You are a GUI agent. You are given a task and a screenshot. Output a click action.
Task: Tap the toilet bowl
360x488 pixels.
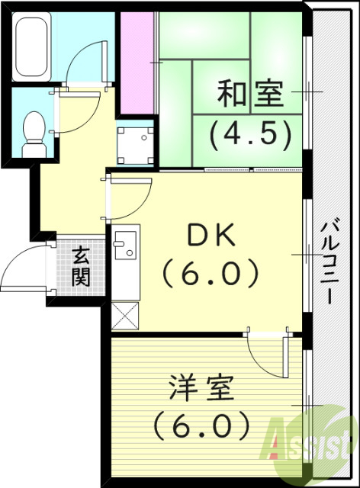pos(34,131)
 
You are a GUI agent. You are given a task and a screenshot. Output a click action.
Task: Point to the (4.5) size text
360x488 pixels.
pos(251,133)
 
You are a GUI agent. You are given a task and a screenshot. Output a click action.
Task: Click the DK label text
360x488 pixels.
pos(210,234)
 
